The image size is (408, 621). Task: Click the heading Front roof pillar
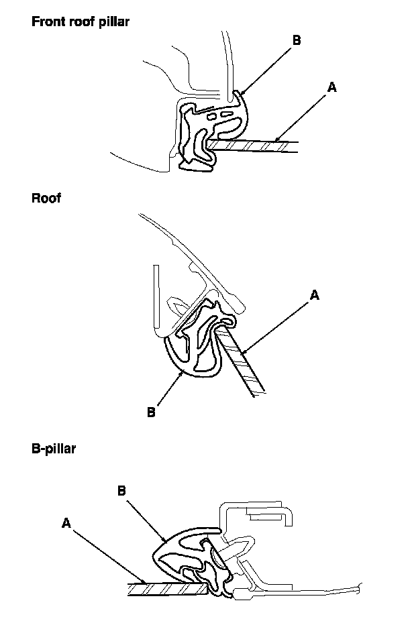pyautogui.click(x=81, y=21)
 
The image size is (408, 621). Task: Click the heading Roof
pyautogui.click(x=46, y=198)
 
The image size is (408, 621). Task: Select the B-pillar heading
pyautogui.click(x=54, y=449)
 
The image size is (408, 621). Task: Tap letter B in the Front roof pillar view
pyautogui.click(x=296, y=40)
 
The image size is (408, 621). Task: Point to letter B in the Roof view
pyautogui.click(x=151, y=412)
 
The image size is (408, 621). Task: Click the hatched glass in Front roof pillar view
pyautogui.click(x=255, y=146)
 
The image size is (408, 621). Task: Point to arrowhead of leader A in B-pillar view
pyautogui.click(x=146, y=582)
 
